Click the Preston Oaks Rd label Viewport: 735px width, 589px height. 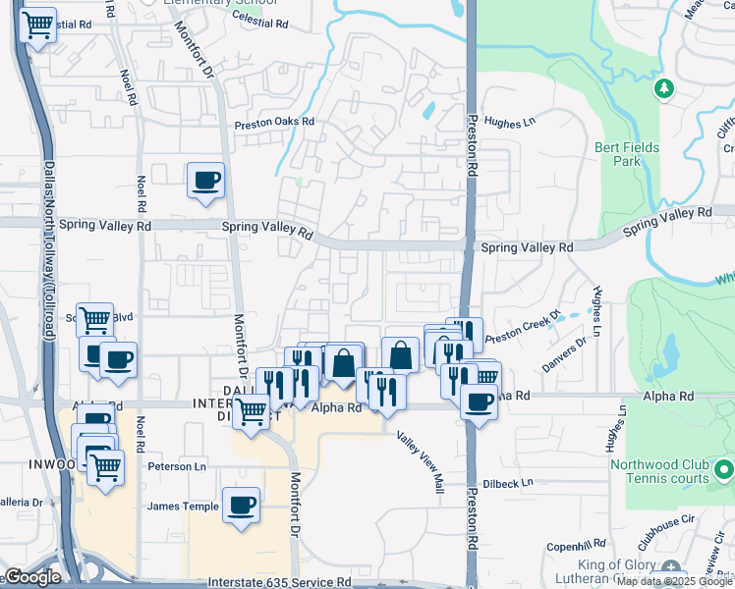pyautogui.click(x=273, y=124)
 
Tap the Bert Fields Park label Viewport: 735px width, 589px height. pyautogui.click(x=627, y=154)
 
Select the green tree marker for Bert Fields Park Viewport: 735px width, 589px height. pyautogui.click(x=664, y=89)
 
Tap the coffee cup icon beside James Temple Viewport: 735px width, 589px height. pyautogui.click(x=241, y=506)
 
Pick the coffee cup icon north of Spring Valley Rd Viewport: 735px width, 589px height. pyautogui.click(x=205, y=181)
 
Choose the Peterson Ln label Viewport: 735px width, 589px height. pyautogui.click(x=177, y=466)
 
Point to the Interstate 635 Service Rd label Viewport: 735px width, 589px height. pyautogui.click(x=279, y=582)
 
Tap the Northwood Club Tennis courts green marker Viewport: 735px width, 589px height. pyautogui.click(x=724, y=467)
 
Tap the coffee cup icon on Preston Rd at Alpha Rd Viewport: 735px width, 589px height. pyautogui.click(x=479, y=402)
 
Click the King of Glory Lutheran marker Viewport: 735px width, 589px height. pyautogui.click(x=671, y=566)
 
